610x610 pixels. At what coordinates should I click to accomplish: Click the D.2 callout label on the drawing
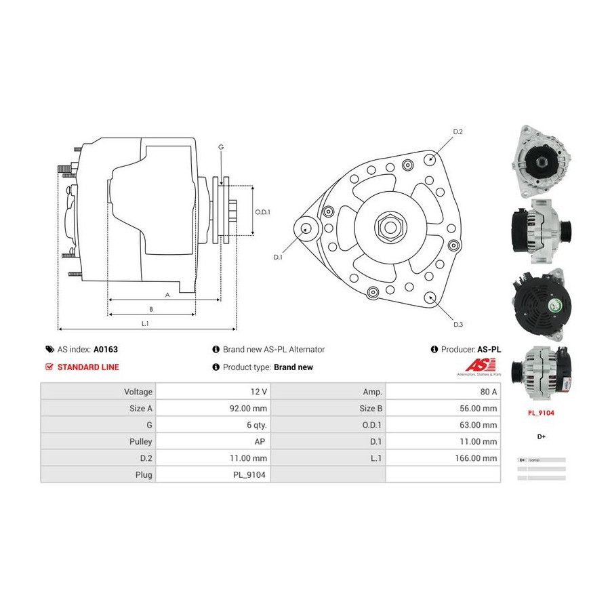(457, 131)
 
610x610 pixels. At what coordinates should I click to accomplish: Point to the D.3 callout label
(458, 325)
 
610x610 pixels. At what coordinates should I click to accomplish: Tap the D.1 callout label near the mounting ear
(278, 258)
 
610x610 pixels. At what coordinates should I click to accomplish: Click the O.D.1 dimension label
(263, 211)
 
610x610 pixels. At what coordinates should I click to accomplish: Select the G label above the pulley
(221, 147)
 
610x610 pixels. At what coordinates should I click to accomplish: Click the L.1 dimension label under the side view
(145, 324)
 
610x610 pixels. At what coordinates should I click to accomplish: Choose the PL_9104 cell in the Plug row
(251, 475)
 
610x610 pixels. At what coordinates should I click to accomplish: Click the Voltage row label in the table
(138, 392)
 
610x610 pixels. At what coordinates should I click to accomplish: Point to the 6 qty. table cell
(256, 425)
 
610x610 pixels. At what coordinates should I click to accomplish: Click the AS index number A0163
(105, 350)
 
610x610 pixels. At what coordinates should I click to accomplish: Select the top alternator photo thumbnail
(541, 160)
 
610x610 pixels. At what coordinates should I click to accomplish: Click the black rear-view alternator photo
(540, 302)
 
